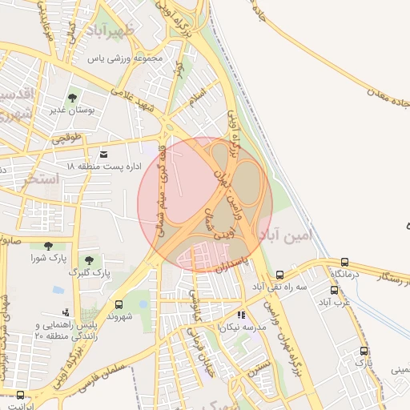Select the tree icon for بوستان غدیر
pyautogui.click(x=73, y=97)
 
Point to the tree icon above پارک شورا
pyautogui.click(x=48, y=246)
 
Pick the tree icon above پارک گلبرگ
pyautogui.click(x=88, y=261)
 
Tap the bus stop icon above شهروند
pyautogui.click(x=119, y=304)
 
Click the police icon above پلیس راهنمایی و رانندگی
pyautogui.click(x=66, y=312)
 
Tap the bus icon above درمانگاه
pyautogui.click(x=345, y=262)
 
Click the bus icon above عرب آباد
pyautogui.click(x=334, y=291)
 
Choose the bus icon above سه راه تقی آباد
pyautogui.click(x=279, y=275)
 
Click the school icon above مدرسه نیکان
pyautogui.click(x=241, y=315)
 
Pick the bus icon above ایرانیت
pyautogui.click(x=19, y=394)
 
